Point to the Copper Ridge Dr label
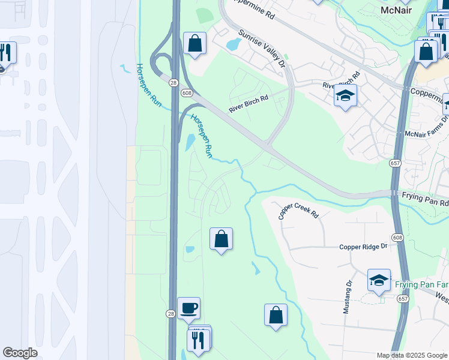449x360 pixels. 364,247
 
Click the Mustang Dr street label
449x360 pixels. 348,297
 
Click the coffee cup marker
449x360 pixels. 189,308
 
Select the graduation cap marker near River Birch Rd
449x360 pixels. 345,96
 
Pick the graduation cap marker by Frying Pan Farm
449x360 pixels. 379,280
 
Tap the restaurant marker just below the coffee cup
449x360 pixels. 197,340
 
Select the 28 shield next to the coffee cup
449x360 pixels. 171,314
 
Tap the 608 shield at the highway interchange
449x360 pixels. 187,92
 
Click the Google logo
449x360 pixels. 20,353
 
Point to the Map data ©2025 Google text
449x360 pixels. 412,355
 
